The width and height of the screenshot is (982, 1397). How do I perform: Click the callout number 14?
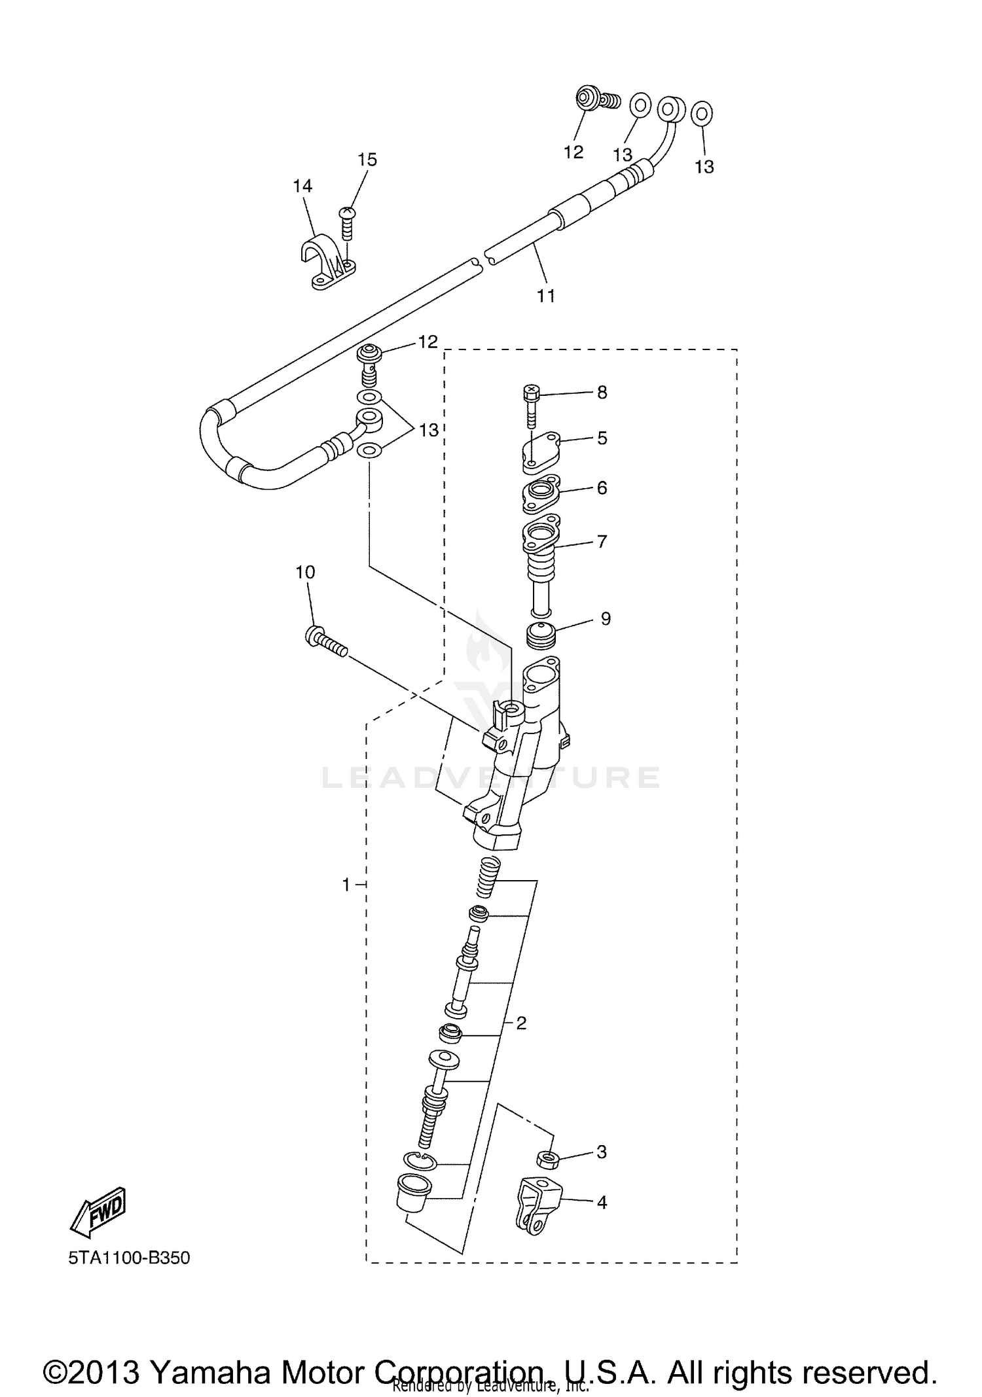tap(302, 186)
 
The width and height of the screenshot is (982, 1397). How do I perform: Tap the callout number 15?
tap(367, 160)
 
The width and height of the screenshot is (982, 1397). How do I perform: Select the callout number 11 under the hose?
tap(546, 296)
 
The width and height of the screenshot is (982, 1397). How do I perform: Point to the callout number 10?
tap(305, 573)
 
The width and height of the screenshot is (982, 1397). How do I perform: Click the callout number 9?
tap(606, 618)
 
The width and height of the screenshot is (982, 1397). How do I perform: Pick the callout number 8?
tap(602, 393)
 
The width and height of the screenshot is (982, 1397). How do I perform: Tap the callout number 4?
tap(602, 1203)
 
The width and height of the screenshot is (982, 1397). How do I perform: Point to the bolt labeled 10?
tap(325, 642)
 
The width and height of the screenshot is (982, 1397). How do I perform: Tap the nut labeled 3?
tap(547, 1159)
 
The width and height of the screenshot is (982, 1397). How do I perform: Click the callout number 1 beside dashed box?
tap(346, 885)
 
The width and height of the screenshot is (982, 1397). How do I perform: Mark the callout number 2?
tap(521, 1023)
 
